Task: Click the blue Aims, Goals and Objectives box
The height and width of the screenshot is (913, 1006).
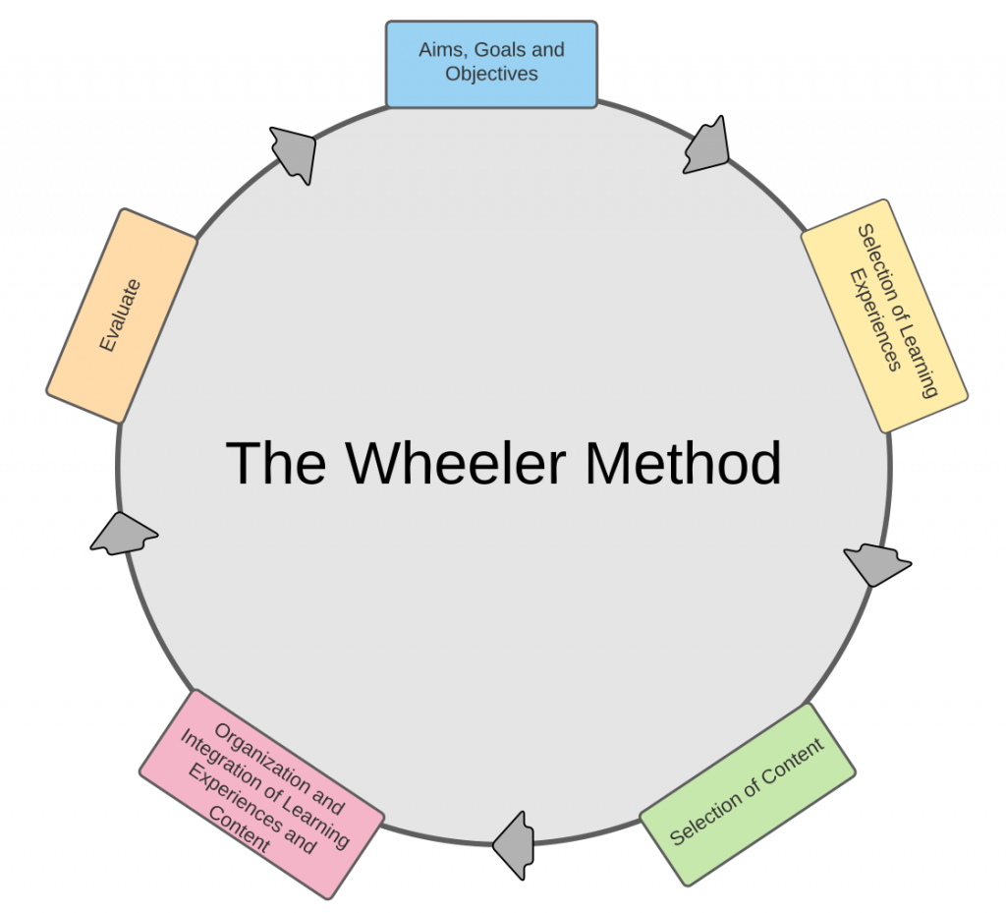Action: point(491,64)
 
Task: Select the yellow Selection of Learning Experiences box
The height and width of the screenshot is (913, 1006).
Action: point(884,315)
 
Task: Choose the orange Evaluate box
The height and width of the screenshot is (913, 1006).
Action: point(122,315)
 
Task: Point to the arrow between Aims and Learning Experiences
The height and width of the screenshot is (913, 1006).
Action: point(706,146)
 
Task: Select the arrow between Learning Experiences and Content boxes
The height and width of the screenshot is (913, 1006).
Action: point(876,563)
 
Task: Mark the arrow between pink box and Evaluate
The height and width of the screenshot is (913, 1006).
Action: point(124,534)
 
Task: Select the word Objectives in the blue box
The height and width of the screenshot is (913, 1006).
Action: point(491,74)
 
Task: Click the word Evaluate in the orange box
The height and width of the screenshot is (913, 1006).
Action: point(120,315)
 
